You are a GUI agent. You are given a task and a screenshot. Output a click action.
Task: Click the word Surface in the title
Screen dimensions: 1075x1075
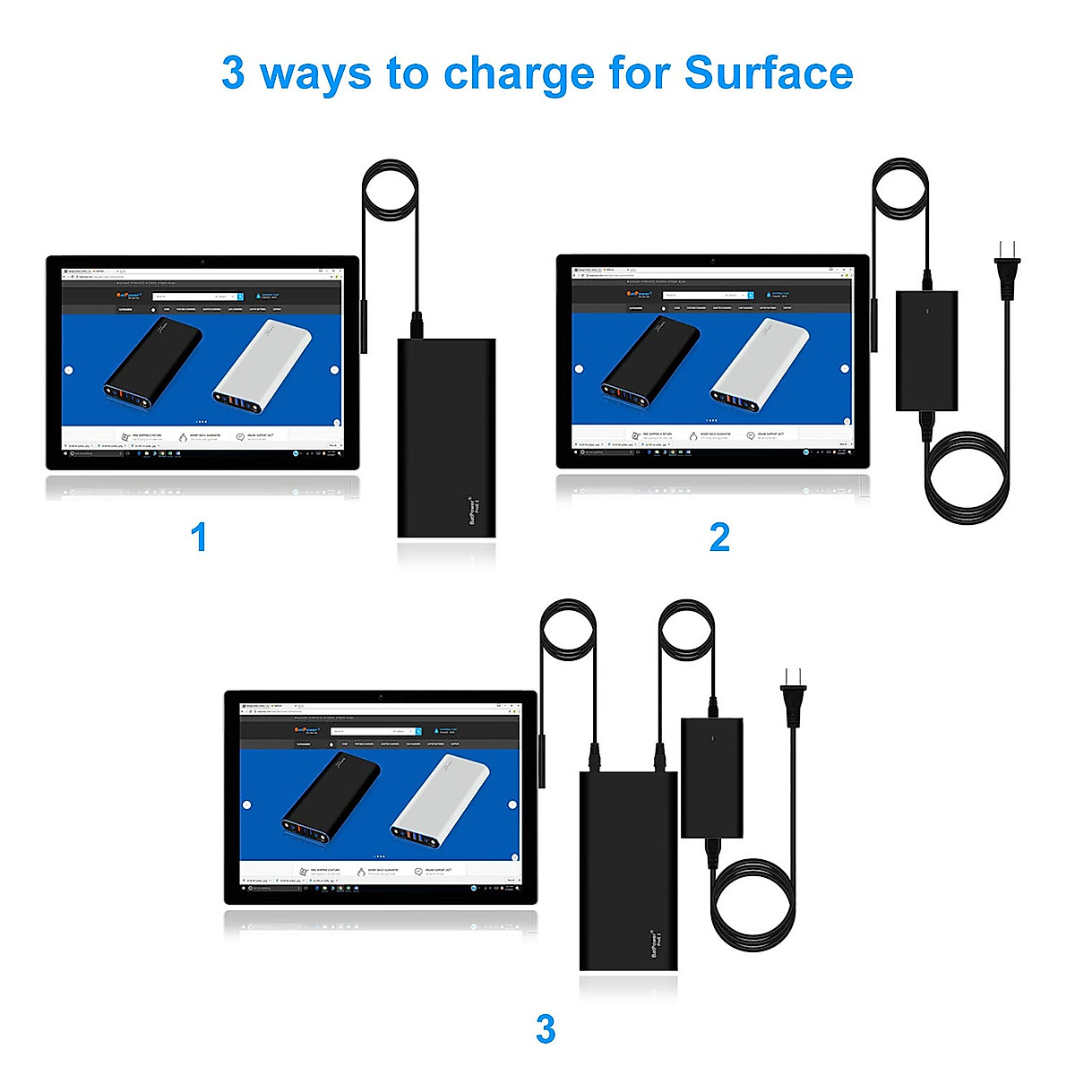768,73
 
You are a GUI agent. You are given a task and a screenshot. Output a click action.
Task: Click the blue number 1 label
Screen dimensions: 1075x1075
199,537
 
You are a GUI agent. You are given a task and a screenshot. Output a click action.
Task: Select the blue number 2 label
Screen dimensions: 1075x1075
719,537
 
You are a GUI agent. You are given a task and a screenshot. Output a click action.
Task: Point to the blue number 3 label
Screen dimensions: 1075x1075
545,1028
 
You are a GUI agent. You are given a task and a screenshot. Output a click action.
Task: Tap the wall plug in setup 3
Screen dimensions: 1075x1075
794,694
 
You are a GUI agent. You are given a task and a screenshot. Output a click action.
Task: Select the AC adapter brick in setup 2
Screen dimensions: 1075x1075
926,350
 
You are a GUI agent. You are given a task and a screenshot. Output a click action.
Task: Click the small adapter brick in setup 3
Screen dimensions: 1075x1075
711,777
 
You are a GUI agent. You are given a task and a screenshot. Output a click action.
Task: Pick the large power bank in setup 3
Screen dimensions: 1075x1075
628,869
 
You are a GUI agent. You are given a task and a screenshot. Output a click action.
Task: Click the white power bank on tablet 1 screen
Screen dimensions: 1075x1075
262,365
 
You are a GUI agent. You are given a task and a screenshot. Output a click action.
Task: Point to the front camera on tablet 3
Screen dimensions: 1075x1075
381,697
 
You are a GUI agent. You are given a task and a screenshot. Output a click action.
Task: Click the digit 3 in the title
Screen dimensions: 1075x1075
233,73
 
